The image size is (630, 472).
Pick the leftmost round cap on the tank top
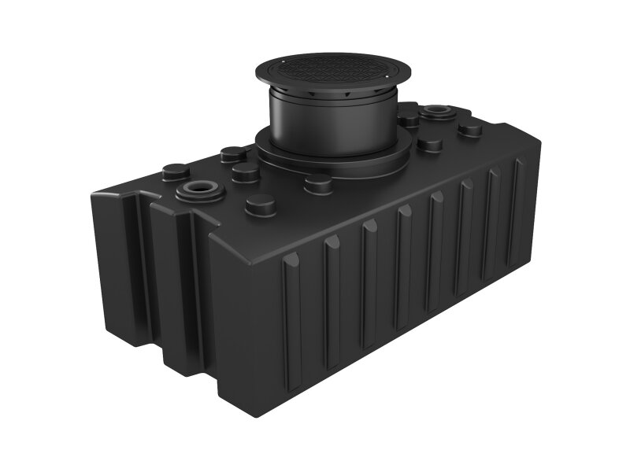tap(173, 170)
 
